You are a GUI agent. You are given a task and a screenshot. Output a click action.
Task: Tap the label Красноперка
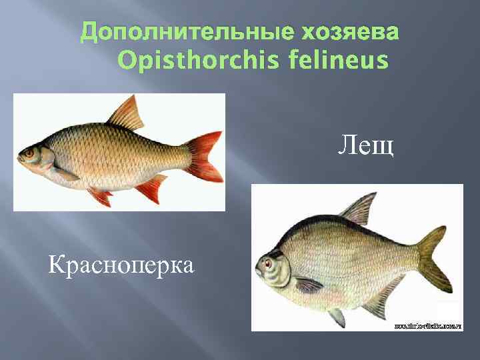[121, 265]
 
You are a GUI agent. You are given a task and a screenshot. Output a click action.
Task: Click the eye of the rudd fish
[29, 153]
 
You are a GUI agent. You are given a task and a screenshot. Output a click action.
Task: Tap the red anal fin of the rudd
[150, 189]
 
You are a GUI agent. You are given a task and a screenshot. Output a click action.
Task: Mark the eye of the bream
[269, 263]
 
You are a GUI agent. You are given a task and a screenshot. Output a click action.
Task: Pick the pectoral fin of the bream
[308, 285]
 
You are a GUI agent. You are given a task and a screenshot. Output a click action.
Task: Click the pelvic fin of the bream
[337, 315]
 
